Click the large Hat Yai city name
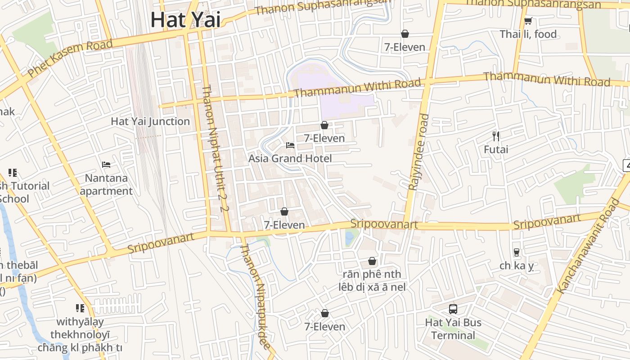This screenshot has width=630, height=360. [x=185, y=20]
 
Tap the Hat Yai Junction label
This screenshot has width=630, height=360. [x=150, y=121]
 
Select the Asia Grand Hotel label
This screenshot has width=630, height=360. [x=290, y=158]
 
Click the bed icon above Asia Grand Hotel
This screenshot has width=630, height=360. [x=290, y=145]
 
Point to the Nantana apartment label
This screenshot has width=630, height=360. [x=106, y=184]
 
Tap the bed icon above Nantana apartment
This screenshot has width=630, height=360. [x=106, y=164]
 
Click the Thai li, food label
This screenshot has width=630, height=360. [x=528, y=34]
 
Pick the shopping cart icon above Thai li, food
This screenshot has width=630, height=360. [x=528, y=21]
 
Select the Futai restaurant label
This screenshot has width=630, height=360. [x=496, y=149]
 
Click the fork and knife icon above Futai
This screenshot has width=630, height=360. [x=496, y=135]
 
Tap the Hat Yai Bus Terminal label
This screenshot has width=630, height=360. [x=453, y=329]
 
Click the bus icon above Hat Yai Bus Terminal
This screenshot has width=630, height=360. [x=453, y=309]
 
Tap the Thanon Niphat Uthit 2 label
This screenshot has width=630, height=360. [x=216, y=148]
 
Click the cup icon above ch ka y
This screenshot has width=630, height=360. [x=516, y=252]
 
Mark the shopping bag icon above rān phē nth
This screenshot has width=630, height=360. [x=372, y=261]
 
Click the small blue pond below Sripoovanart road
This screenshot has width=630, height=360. [x=349, y=238]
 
